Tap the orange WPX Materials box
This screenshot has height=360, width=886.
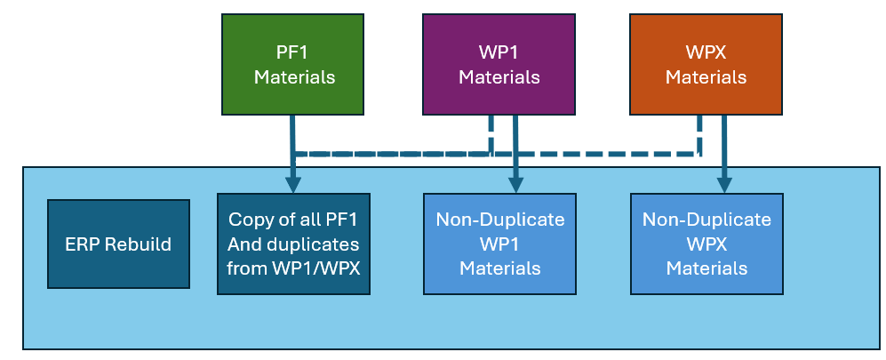706,64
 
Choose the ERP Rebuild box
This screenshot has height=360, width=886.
118,244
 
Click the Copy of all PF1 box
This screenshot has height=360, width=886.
293,244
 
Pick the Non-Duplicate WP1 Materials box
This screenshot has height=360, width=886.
499,244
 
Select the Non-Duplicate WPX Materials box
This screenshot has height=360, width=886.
706,244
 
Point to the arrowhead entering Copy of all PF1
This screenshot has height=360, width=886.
292,185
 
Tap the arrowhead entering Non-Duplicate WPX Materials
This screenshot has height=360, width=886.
724,185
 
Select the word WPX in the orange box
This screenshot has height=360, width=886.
706,52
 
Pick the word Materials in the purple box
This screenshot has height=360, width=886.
499,77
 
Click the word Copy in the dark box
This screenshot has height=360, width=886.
248,220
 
